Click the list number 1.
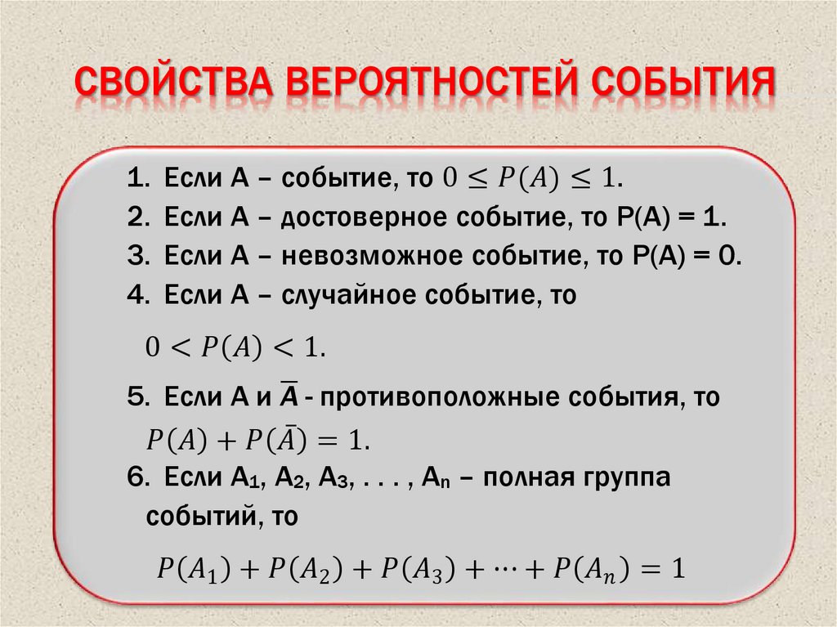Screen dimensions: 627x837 pyautogui.click(x=136, y=178)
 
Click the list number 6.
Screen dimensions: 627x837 pyautogui.click(x=136, y=477)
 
